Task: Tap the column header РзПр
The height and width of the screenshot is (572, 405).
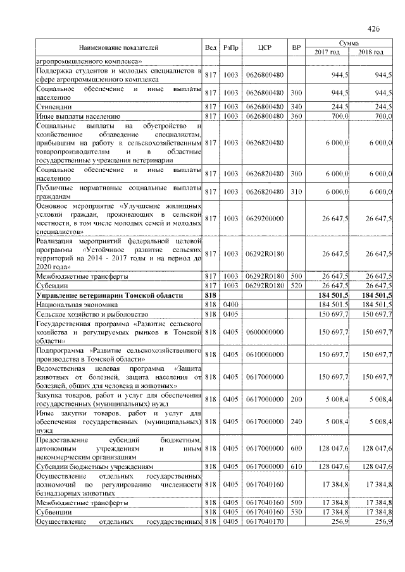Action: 230,47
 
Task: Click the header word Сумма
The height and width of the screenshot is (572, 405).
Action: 349,42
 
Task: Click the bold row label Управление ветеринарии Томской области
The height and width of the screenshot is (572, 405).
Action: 109,295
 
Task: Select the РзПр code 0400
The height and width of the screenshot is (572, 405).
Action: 230,304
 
